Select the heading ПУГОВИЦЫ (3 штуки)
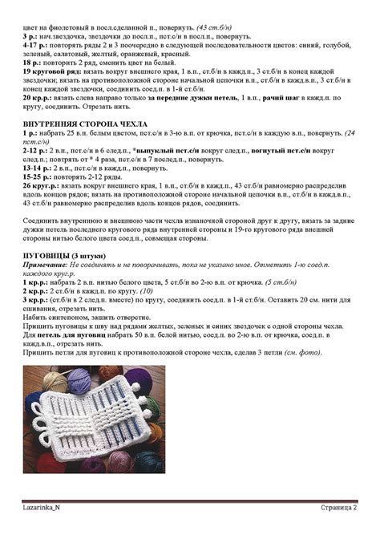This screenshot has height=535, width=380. pos(53,254)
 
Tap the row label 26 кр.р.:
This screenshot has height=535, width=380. pos(37,184)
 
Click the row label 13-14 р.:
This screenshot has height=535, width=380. pos(36,167)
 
